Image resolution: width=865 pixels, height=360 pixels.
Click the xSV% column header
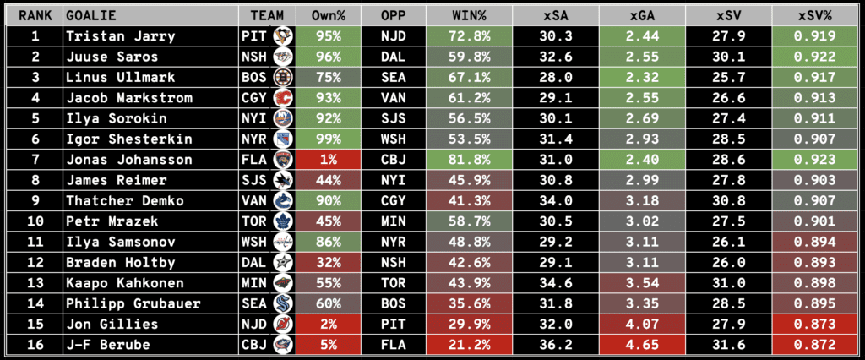(815, 16)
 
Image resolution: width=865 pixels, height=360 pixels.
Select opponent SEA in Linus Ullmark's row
(393, 78)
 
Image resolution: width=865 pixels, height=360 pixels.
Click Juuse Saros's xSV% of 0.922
(815, 57)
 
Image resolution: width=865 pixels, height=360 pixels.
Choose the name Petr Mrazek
(107, 221)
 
